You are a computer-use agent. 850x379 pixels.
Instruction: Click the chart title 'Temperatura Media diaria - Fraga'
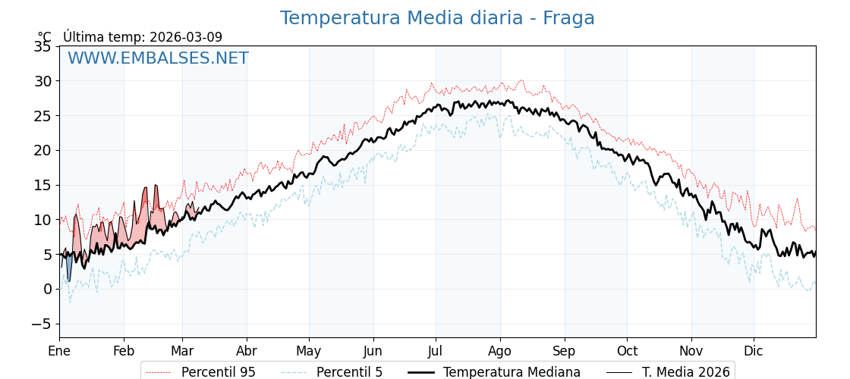(437, 18)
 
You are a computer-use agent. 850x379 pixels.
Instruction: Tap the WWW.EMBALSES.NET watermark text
(158, 58)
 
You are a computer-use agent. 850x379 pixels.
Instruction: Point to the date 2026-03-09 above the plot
(186, 37)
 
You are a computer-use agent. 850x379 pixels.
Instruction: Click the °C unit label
(45, 37)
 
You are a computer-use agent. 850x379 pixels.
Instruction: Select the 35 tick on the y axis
(42, 47)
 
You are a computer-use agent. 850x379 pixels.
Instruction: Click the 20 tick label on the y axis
(42, 150)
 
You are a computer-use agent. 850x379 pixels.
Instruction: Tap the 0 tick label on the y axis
(47, 289)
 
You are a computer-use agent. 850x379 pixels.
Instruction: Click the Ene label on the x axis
(59, 351)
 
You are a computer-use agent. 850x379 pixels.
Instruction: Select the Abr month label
(247, 351)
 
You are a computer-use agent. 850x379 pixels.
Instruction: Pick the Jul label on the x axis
(436, 351)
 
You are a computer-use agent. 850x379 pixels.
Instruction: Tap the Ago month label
(500, 351)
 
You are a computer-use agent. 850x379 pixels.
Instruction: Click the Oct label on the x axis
(627, 351)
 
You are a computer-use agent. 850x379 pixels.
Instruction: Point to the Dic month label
(754, 351)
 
